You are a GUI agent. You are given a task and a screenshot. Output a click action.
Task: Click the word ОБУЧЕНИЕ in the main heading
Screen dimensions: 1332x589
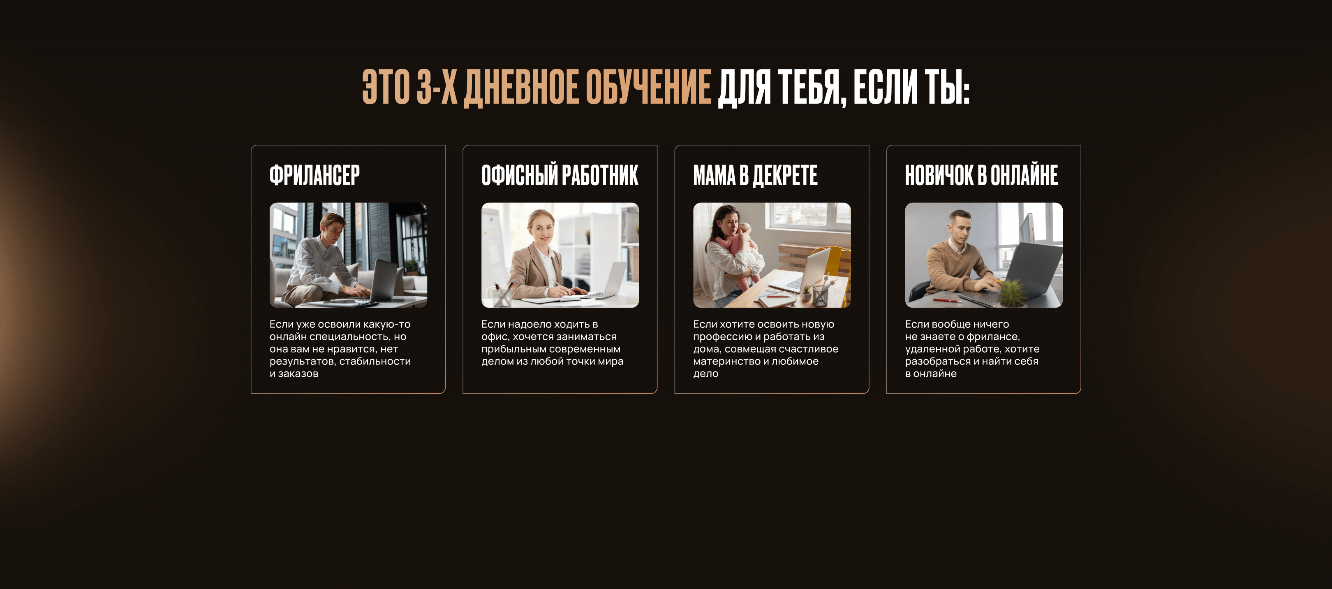click(649, 87)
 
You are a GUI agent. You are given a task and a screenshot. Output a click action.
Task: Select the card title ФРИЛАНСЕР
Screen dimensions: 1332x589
click(314, 175)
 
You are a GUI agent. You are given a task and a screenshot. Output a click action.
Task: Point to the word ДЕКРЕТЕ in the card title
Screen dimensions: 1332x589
click(785, 175)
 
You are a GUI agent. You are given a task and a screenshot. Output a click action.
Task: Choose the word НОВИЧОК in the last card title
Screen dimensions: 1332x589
click(939, 175)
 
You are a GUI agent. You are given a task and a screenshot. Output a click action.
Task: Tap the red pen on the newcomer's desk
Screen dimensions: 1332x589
click(947, 300)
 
